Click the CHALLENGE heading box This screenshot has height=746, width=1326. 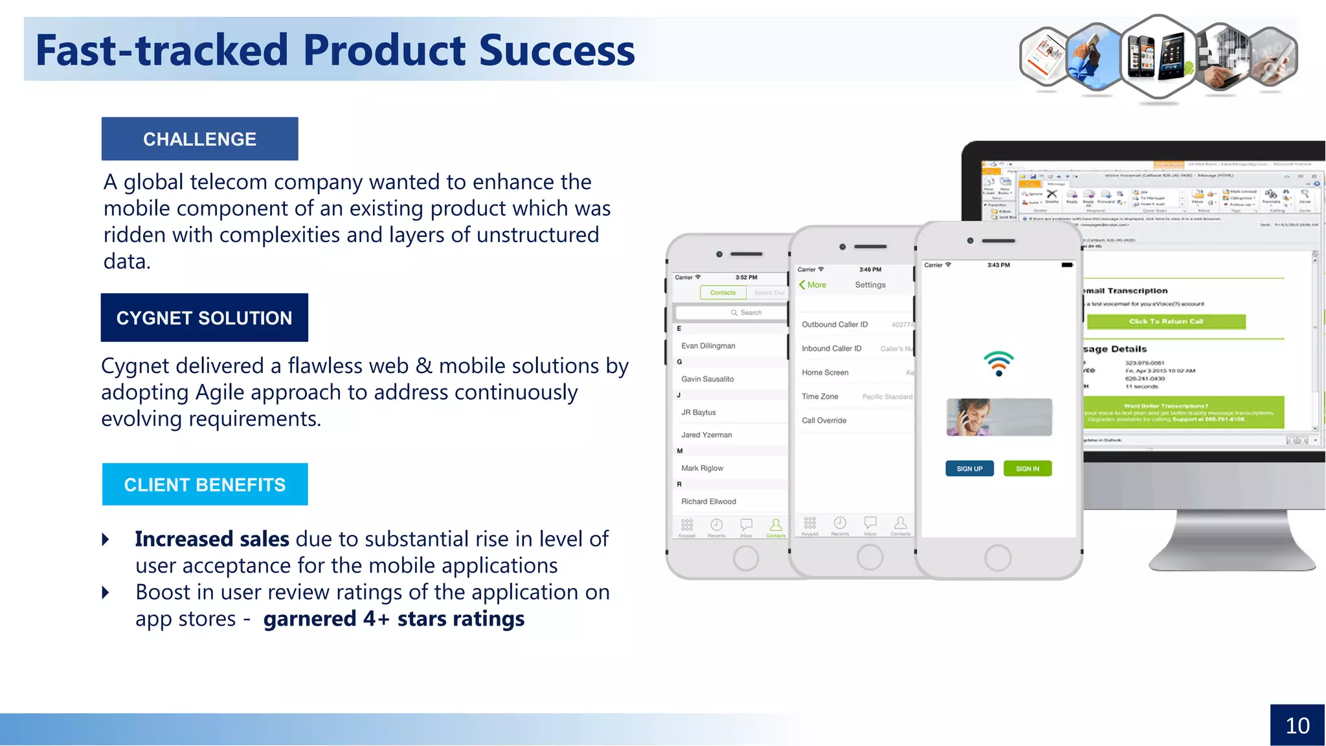[x=199, y=139]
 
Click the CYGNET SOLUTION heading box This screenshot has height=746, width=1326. [x=204, y=317]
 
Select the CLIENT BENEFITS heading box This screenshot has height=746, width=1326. [x=205, y=484]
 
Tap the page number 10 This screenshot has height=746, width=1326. [x=1297, y=725]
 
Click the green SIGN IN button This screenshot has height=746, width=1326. [x=1027, y=468]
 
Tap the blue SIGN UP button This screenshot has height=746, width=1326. [x=969, y=468]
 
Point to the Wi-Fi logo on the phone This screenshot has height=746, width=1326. [x=998, y=363]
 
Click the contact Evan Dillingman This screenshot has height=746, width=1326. [x=708, y=346]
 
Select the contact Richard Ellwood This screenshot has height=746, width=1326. [x=708, y=501]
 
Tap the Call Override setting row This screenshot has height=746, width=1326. [x=824, y=420]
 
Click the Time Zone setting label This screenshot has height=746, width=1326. [x=820, y=396]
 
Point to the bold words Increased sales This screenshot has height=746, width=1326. [x=212, y=539]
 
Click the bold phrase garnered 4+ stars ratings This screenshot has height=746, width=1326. [x=394, y=618]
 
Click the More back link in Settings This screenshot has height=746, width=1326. [x=813, y=285]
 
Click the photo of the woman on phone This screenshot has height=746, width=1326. [x=998, y=417]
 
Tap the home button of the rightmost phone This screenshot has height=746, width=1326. [x=998, y=558]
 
